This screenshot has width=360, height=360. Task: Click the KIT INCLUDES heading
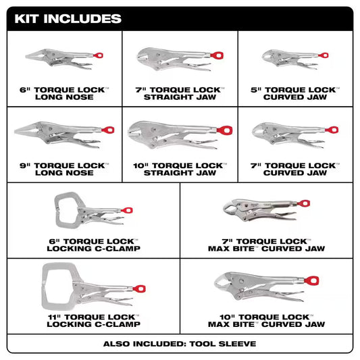68,18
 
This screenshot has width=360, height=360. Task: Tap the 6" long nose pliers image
61,58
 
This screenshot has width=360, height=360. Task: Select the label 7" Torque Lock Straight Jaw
180,91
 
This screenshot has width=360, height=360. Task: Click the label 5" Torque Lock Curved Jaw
294,91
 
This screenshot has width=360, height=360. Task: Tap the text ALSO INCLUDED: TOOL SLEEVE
180,343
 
